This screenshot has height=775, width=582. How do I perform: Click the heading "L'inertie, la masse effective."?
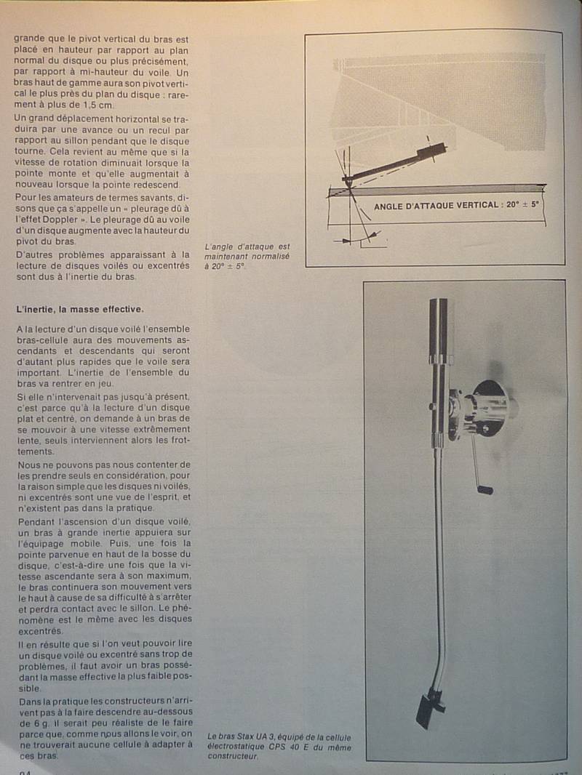[x=80, y=309]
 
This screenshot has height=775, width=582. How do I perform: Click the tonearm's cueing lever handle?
[x=485, y=489]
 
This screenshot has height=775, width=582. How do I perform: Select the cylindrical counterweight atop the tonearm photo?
[x=438, y=331]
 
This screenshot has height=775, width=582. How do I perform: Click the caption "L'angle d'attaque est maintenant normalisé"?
[x=247, y=252]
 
